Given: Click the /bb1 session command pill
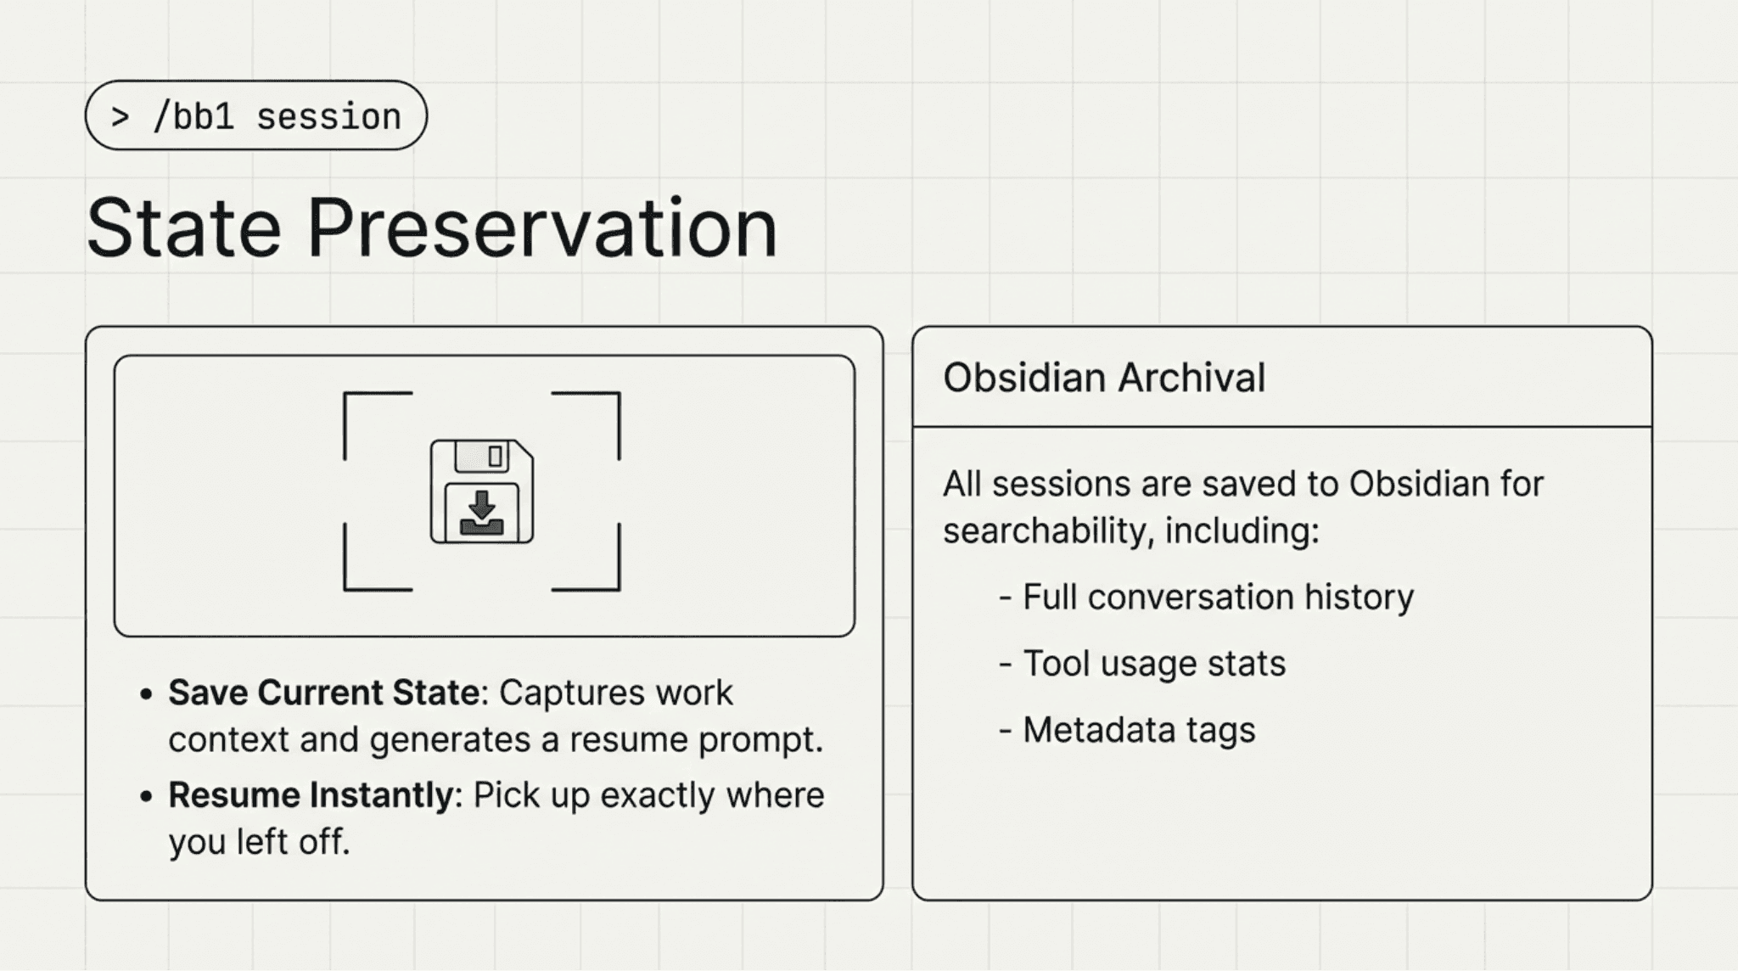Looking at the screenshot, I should click(255, 116).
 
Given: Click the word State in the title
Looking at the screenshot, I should click(183, 228).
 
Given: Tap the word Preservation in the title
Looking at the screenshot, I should click(541, 228).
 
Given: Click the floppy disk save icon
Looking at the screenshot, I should click(481, 491).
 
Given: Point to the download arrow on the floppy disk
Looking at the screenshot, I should click(481, 506).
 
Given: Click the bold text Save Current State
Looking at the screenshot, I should click(323, 693).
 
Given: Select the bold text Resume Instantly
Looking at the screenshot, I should click(311, 795).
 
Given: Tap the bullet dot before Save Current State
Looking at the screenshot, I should click(147, 694).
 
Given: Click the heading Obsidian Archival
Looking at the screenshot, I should click(1103, 378).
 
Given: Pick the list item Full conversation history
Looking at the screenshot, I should click(1217, 597).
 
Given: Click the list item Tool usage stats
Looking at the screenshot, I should click(1153, 663).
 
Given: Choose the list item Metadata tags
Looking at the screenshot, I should click(1138, 730).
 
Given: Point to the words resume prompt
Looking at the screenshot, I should click(696, 740).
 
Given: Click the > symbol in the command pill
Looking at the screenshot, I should click(121, 116).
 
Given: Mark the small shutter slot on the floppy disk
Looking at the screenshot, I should click(496, 457).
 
